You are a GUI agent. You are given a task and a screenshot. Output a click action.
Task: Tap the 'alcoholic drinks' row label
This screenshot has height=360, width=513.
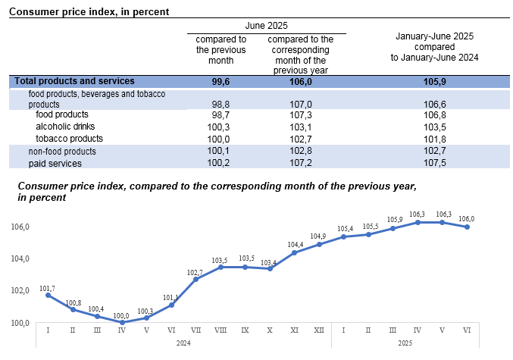[66, 127]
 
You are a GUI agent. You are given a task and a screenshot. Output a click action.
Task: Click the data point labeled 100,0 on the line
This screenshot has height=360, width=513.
[121, 322]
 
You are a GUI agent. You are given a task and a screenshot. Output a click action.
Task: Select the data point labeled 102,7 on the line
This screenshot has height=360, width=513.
[196, 279]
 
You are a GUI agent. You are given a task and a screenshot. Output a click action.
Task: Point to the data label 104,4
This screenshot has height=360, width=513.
[295, 245]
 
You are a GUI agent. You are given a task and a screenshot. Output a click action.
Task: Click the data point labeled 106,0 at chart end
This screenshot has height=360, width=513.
[468, 227]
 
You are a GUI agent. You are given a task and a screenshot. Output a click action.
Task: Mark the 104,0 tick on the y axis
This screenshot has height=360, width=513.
[20, 259]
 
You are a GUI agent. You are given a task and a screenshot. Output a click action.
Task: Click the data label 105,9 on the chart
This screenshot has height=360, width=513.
[393, 220]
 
